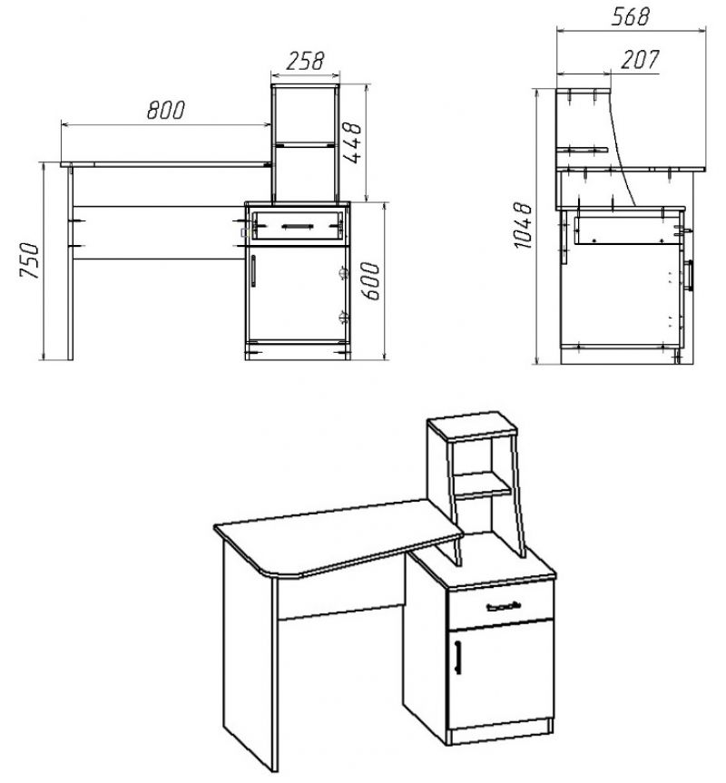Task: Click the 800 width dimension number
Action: coord(166,111)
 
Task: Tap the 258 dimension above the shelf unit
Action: coord(305,61)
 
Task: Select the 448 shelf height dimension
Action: coord(352,142)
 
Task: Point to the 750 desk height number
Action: coord(29,260)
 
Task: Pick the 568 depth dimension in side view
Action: coord(631,16)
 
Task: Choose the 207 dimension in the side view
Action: coord(640,60)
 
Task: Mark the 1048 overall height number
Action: coord(524,225)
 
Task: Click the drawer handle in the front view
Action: coord(298,226)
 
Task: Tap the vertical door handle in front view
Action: coord(253,271)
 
